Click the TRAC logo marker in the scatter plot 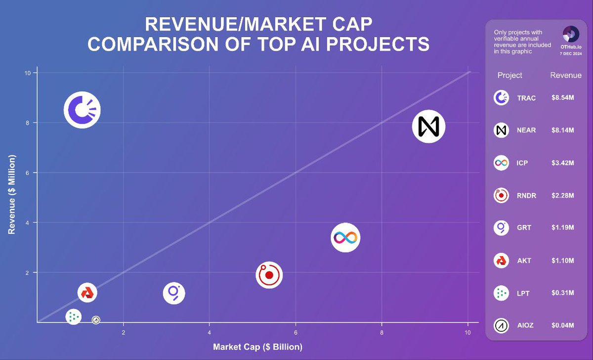[x=82, y=110]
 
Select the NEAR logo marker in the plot [x=429, y=126]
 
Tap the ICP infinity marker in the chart [x=345, y=237]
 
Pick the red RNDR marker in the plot [x=269, y=275]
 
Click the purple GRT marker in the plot [x=174, y=293]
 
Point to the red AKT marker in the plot [x=87, y=293]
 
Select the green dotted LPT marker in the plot [x=73, y=316]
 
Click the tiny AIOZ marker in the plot [x=96, y=320]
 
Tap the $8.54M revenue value [x=562, y=98]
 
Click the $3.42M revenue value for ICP [x=562, y=163]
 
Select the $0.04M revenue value [x=562, y=325]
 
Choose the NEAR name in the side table [x=526, y=131]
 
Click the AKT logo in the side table [x=501, y=260]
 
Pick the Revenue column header [x=566, y=75]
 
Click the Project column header [x=509, y=75]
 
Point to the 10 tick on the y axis [x=28, y=73]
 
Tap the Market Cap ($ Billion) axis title [x=257, y=347]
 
